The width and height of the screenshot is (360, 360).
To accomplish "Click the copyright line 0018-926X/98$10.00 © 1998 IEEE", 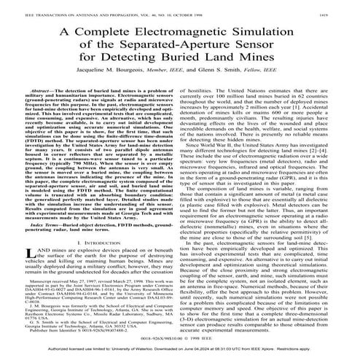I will point(179,339).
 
